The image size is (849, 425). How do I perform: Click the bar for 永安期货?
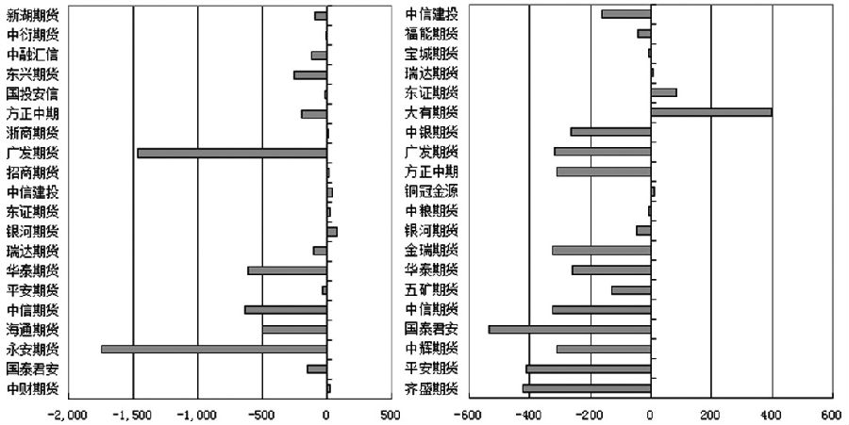point(213,349)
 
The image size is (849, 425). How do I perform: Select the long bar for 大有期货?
point(711,112)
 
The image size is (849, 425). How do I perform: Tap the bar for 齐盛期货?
point(586,388)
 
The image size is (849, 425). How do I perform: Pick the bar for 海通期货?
point(294,329)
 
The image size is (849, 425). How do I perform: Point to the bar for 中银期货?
point(610,132)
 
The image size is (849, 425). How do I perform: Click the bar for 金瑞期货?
point(601,251)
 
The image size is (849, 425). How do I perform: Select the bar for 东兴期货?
point(309,74)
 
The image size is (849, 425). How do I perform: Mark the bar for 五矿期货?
point(631,290)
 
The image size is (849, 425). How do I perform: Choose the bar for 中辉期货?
point(604,349)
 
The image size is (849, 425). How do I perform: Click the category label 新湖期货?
point(32,15)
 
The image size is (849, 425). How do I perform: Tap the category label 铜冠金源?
point(431,191)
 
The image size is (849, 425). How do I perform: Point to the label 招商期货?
point(32,172)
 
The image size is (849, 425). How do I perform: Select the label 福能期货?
point(431,34)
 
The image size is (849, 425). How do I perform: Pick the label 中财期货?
point(32,388)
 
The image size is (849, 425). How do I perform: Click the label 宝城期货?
point(431,54)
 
